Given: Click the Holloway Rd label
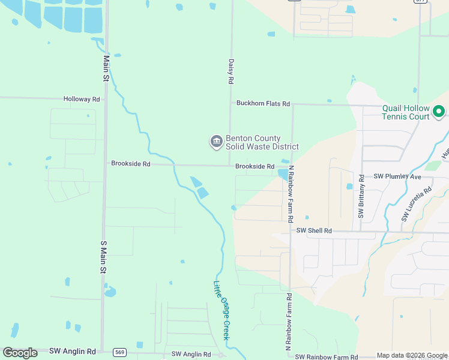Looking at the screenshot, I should coord(82,99).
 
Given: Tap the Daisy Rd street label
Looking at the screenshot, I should coord(231,70).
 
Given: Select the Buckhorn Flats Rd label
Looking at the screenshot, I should coord(263,104).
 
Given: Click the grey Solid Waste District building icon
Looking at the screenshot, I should coord(215,142).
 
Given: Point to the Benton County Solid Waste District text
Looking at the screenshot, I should coord(262,143).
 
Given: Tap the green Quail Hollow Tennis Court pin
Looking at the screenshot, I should coord(438,111).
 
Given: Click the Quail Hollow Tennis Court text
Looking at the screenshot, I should coord(406,113).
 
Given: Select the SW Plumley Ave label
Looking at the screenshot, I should coord(397,176).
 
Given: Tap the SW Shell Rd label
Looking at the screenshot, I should coord(315,230).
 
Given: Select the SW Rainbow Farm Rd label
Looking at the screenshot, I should coord(325,357).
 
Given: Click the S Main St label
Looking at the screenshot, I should coord(103,258).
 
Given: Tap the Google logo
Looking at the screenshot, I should coord(20,353).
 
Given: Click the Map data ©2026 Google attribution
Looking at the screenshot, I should coord(412,356).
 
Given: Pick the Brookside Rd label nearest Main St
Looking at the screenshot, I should coord(130,163).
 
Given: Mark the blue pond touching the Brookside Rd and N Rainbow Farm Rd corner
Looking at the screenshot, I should coord(282,174).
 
